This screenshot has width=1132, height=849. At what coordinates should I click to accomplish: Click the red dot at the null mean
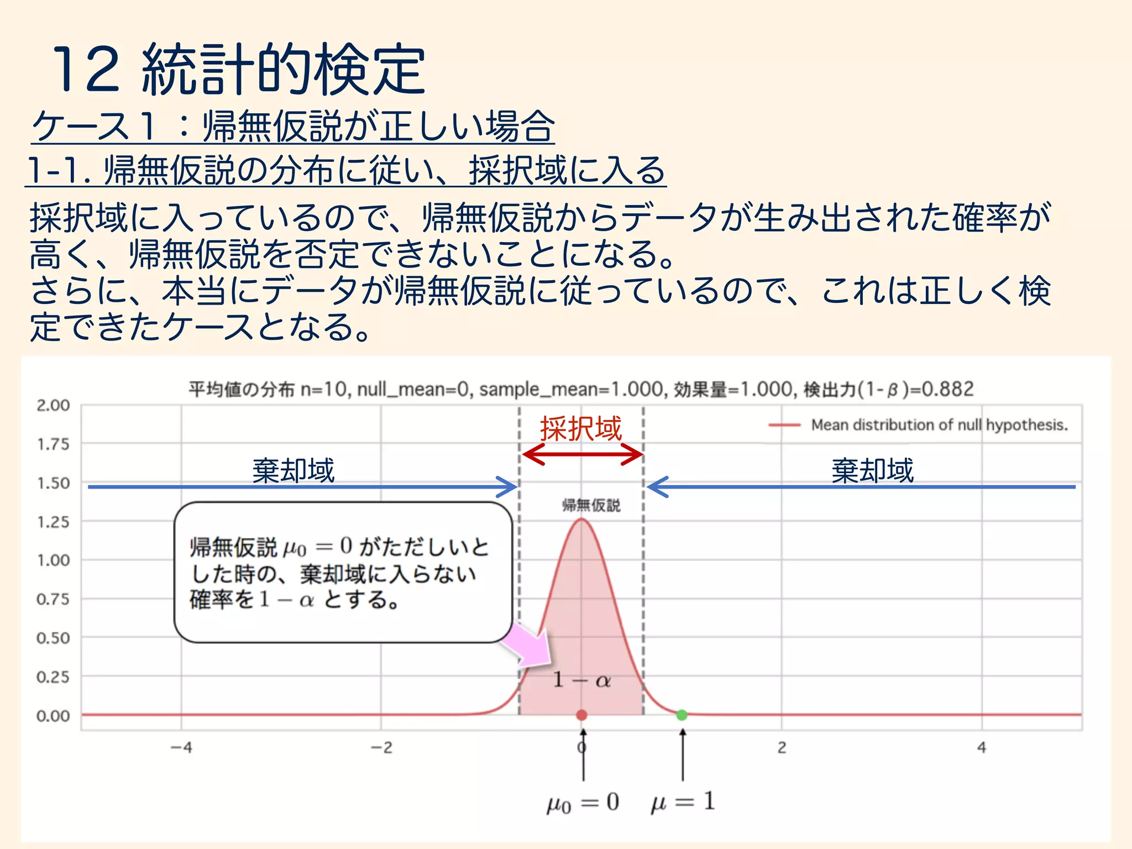[x=581, y=715]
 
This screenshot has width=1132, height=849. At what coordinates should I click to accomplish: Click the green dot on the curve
[x=682, y=715]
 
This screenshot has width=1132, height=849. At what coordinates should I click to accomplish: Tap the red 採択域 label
[x=581, y=429]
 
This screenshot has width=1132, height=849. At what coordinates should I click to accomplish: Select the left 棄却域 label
[x=294, y=471]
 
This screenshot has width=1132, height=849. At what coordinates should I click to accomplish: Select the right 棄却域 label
[x=872, y=471]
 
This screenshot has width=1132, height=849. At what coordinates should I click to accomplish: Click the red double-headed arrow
[x=583, y=455]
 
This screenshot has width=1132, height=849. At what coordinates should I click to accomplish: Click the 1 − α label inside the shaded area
[x=581, y=680]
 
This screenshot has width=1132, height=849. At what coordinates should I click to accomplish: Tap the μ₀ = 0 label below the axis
[x=583, y=802]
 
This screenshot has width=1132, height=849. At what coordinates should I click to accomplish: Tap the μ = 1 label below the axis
[x=683, y=801]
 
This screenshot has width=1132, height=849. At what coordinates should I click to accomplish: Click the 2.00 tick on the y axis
[x=53, y=405]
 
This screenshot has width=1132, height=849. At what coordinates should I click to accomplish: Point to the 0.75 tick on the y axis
[x=53, y=599]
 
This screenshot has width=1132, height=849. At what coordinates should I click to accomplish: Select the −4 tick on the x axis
[x=181, y=748]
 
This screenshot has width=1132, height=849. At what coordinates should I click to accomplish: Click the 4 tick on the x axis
[x=982, y=748]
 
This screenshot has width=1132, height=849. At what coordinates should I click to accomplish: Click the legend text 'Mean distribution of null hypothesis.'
[x=939, y=425]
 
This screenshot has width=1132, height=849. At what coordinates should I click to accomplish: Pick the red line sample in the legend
[x=784, y=425]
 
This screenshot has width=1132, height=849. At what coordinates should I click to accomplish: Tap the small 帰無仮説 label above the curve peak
[x=591, y=505]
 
